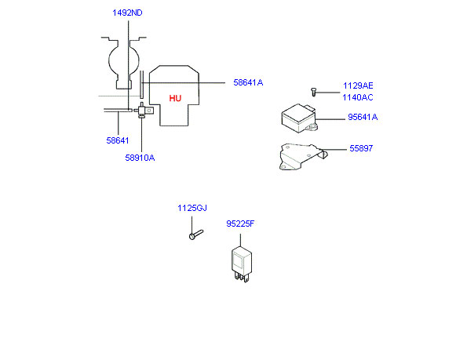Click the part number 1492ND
[127, 13]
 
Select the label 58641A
[248, 82]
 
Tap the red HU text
[175, 98]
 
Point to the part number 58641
[118, 140]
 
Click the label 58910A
[140, 158]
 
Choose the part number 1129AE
[358, 85]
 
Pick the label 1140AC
[358, 97]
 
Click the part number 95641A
[363, 117]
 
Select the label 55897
[361, 148]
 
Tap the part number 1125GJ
[192, 208]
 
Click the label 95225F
[240, 224]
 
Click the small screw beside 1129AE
[313, 92]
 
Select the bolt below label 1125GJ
[196, 235]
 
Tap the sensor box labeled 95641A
[299, 118]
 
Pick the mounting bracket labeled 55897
[302, 157]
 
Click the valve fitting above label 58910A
[144, 111]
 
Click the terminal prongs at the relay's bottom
[241, 278]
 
